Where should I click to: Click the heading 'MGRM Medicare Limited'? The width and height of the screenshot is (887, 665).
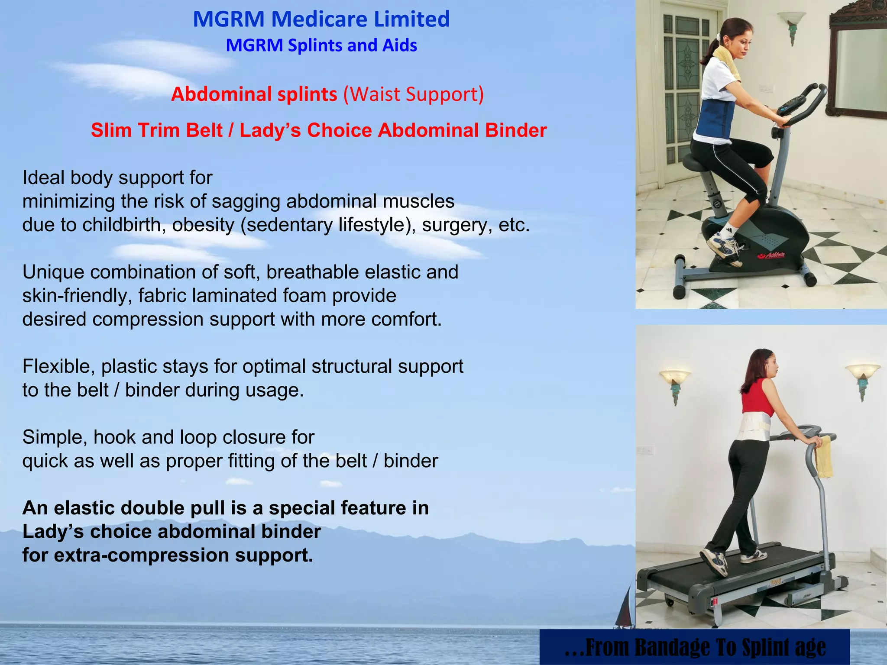321,19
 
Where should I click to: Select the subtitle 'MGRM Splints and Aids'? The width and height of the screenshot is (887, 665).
321,45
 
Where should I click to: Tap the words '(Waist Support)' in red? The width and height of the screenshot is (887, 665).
414,94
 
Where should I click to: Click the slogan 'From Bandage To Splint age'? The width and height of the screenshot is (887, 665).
695,647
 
